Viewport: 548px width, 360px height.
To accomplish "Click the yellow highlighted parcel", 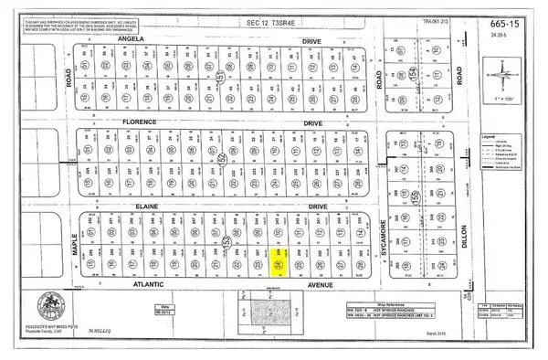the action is pos(280,265).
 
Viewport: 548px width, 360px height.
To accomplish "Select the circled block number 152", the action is pos(224,162).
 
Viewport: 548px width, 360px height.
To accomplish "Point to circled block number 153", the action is pos(224,245).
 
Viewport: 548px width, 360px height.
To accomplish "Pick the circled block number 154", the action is pos(413,73).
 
